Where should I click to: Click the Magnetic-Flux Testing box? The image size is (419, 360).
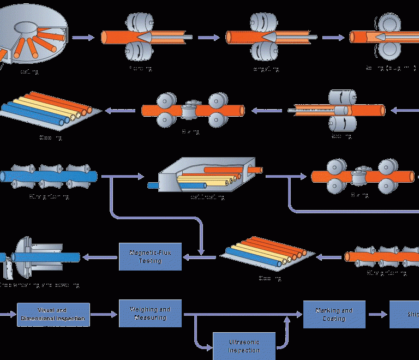tap(149, 256)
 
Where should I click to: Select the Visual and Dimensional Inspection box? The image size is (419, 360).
tap(53, 315)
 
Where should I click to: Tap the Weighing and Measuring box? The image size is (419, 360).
tap(149, 313)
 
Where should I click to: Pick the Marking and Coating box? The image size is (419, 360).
tap(334, 314)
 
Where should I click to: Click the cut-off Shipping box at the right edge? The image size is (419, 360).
tap(404, 314)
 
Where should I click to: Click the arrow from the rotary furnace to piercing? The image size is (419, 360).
tap(83, 38)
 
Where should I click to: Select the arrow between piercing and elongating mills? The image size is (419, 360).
tap(208, 38)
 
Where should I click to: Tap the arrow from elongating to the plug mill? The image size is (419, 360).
tap(333, 38)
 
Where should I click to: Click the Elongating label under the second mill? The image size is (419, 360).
tap(266, 69)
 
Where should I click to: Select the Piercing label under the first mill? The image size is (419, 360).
tap(140, 69)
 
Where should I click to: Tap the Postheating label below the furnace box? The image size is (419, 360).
tap(207, 196)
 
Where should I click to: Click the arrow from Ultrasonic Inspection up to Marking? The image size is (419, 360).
tap(285, 333)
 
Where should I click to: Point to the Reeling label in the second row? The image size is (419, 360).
tap(342, 135)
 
